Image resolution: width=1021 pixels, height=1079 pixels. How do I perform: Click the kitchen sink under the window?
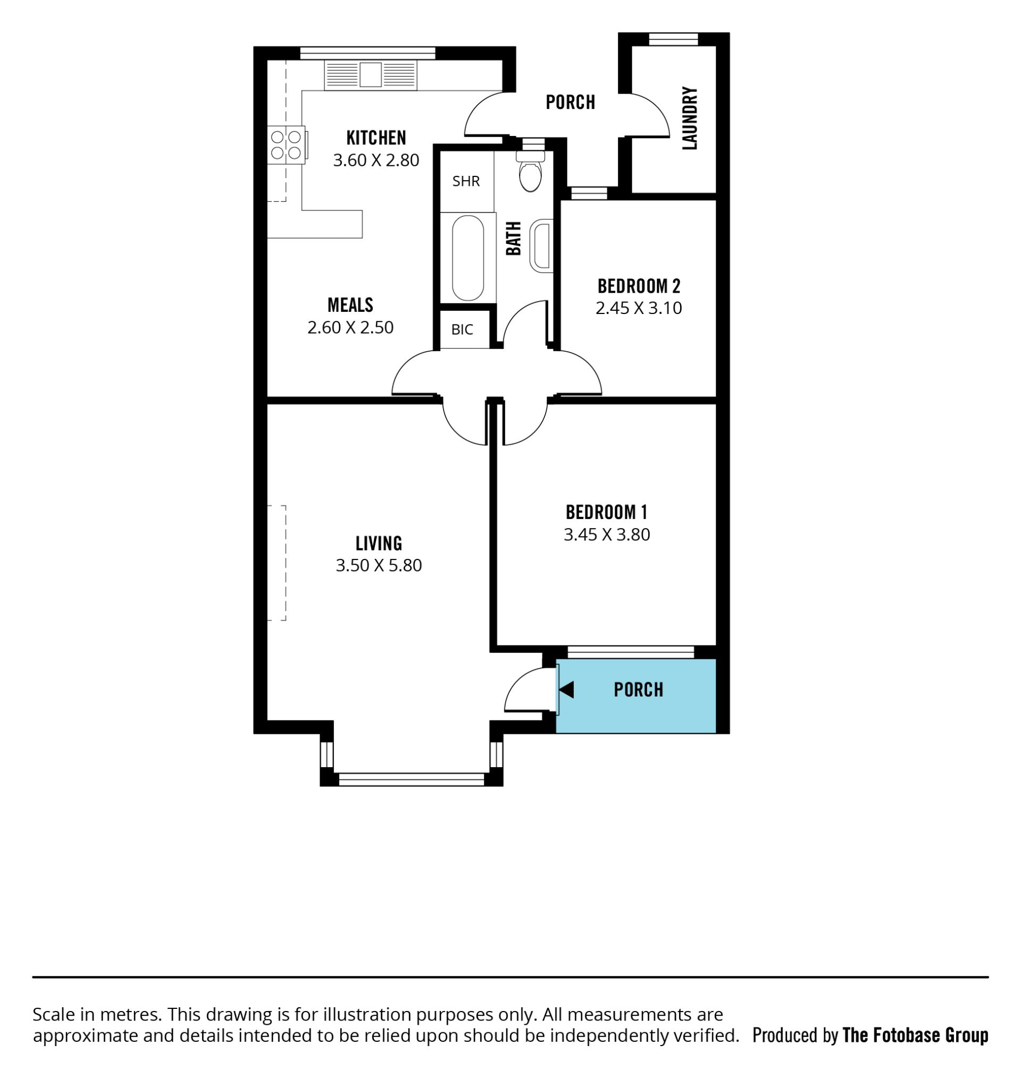click(x=371, y=74)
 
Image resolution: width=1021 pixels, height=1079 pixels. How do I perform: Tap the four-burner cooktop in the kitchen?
click(x=286, y=145)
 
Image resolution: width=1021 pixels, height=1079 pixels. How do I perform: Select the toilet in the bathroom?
click(x=530, y=171)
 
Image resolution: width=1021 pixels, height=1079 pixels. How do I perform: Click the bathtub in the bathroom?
click(x=468, y=258)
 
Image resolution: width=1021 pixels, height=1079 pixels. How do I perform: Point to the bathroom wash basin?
click(x=541, y=245)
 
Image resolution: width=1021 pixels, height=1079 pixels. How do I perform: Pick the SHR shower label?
click(x=466, y=181)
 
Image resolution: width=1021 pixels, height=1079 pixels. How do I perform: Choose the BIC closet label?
click(x=462, y=329)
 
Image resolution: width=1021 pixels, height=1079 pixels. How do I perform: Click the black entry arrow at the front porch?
click(x=566, y=690)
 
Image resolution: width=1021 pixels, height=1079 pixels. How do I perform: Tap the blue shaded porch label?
click(x=639, y=690)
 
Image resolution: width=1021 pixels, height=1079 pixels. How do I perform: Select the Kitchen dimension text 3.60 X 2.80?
click(x=376, y=160)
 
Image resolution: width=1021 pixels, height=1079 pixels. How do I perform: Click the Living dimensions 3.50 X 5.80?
click(x=379, y=565)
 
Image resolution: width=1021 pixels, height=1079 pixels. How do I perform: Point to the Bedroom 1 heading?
click(x=606, y=512)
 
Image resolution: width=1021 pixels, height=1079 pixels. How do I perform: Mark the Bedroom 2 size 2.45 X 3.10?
click(x=639, y=308)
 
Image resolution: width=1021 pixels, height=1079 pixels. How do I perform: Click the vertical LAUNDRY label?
click(x=690, y=118)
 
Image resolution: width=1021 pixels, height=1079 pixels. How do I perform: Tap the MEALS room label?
click(x=350, y=304)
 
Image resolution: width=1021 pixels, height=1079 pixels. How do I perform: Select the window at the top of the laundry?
click(x=674, y=39)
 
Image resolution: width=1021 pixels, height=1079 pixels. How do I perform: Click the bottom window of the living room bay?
click(x=412, y=779)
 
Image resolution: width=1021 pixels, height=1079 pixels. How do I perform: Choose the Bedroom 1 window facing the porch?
click(x=631, y=652)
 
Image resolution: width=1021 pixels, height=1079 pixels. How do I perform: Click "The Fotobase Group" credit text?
click(x=915, y=1035)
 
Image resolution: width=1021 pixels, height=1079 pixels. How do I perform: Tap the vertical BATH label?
click(x=513, y=238)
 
